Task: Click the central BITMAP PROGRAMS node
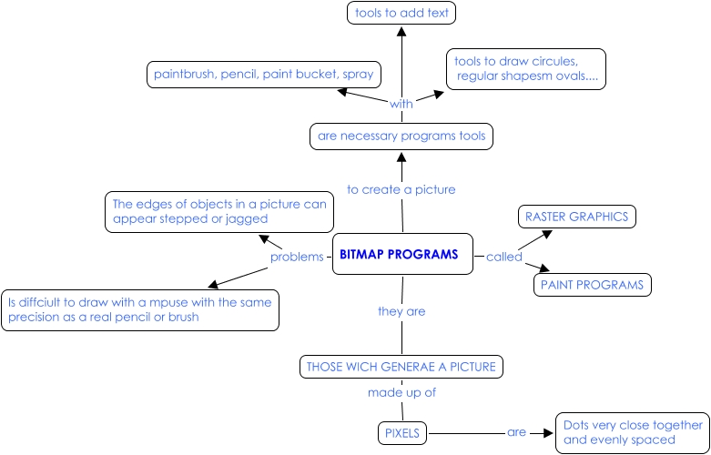coord(400,255)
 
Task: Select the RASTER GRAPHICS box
coord(575,217)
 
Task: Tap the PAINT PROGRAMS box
coord(592,285)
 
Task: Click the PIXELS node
coord(401,434)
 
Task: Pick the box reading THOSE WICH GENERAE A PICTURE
coord(401,367)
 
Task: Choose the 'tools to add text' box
coord(401,13)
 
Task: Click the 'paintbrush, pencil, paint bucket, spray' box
coord(263,74)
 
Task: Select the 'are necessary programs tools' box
coord(401,136)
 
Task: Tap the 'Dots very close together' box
coord(632,432)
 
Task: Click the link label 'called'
coord(503,257)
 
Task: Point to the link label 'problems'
coord(297,258)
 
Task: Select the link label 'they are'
coord(401,311)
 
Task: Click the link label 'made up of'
coord(401,393)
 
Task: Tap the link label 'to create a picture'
coord(401,189)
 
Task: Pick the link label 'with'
coord(401,104)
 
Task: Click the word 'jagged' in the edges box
coord(247,219)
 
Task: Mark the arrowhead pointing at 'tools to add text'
coord(401,30)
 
